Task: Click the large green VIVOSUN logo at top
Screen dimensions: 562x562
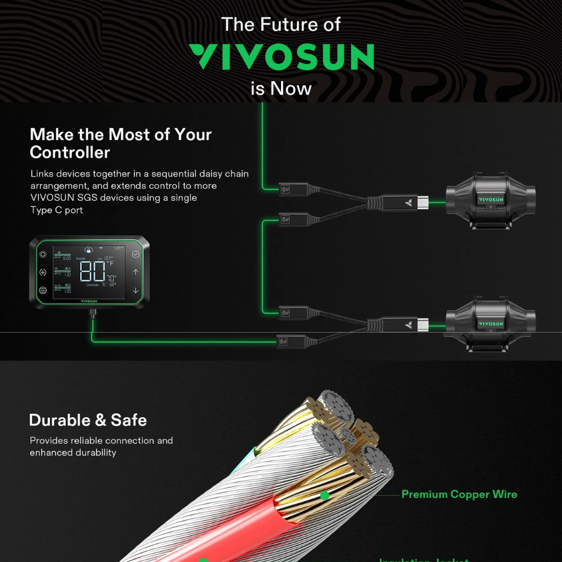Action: [282, 57]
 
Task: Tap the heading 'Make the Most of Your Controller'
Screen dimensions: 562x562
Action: [121, 143]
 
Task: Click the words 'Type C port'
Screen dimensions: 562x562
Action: [57, 210]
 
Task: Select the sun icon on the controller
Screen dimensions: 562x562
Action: [43, 254]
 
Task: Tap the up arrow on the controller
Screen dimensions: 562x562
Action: [136, 272]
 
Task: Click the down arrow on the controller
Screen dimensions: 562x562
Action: [136, 290]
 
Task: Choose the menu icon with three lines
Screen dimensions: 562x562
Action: [43, 290]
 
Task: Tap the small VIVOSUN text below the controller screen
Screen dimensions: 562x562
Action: [89, 301]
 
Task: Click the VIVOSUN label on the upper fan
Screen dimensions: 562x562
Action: [490, 200]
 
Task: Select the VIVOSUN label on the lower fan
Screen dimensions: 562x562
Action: [490, 324]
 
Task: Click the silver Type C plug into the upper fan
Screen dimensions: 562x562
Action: [421, 202]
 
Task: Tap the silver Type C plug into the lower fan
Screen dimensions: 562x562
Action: [421, 325]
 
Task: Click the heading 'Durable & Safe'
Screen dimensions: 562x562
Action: [88, 420]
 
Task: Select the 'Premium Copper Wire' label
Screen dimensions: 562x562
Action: [459, 494]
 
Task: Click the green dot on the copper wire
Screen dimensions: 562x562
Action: [324, 496]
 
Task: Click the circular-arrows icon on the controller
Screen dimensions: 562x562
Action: [43, 272]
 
